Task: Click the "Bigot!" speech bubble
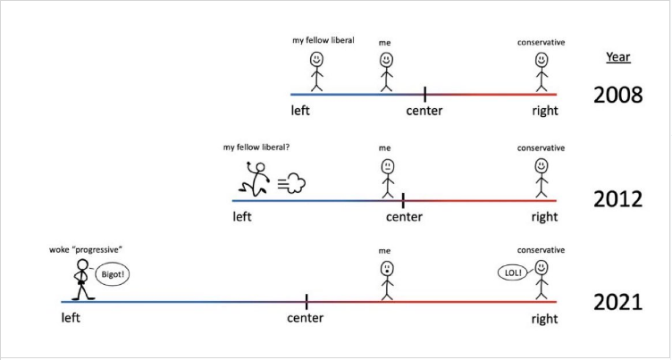coord(113,275)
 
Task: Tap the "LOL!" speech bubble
coord(513,272)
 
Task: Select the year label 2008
coord(617,96)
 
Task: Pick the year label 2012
coord(617,199)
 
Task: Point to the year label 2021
coord(617,303)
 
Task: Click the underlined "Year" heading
coord(618,57)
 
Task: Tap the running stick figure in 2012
coord(255,180)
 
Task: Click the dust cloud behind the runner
coord(292,183)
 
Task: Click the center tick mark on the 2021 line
coord(307,301)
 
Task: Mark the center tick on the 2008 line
coord(424,94)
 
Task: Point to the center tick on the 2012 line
coord(403,200)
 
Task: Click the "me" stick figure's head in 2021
coord(387,269)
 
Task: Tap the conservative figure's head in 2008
coord(542,60)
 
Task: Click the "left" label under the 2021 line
coord(71,318)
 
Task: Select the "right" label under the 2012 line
coord(545,216)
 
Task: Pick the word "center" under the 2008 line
coord(424,111)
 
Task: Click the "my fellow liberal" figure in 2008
coord(316,71)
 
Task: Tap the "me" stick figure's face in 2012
coord(388,165)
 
